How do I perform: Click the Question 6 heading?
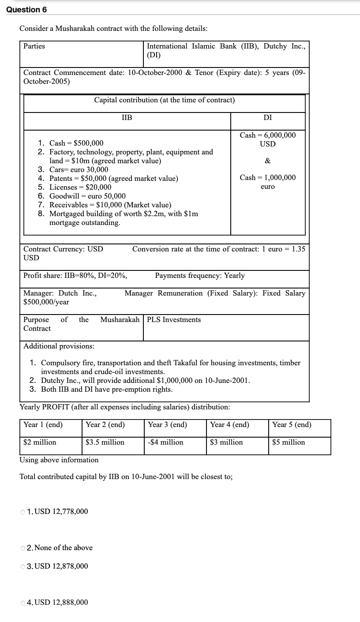[26, 10]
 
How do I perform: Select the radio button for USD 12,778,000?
[23, 512]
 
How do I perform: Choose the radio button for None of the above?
[23, 548]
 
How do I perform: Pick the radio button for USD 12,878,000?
[23, 566]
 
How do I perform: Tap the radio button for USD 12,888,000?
[23, 603]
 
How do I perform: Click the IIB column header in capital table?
[127, 117]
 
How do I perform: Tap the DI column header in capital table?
[267, 117]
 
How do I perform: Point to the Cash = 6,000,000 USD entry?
[267, 139]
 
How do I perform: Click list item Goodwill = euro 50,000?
[87, 196]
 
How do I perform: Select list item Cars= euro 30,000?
[79, 169]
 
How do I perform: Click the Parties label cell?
[34, 46]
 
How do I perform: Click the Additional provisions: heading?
[59, 346]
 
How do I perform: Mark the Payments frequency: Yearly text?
[199, 276]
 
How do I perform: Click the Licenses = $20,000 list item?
[80, 187]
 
